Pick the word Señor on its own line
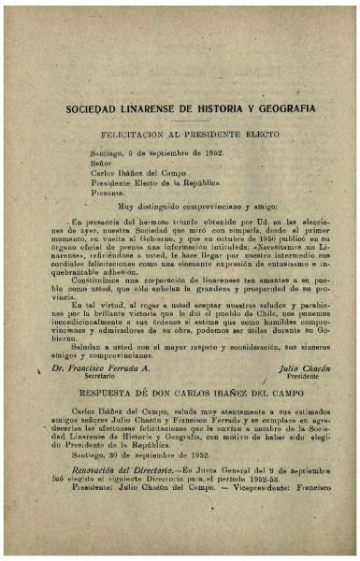tap(100, 162)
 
